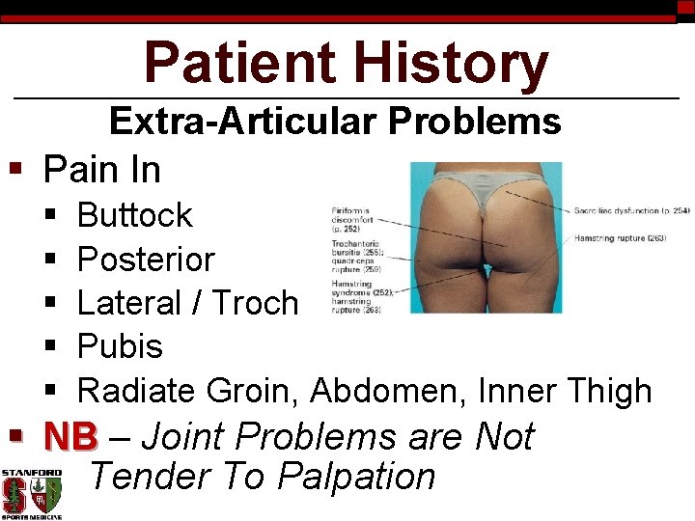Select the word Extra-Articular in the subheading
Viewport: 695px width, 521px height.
(243, 122)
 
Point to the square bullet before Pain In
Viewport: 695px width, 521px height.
(14, 169)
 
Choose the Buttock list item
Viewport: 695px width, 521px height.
(134, 214)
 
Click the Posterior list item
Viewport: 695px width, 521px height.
(145, 259)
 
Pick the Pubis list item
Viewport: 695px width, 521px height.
(120, 346)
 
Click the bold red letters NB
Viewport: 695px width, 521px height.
(70, 437)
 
